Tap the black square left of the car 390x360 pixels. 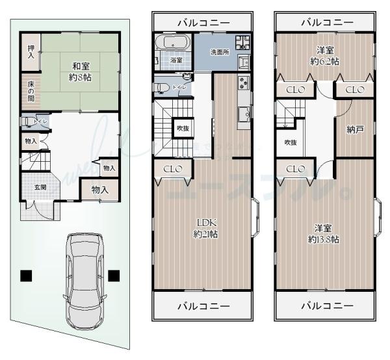(26, 275)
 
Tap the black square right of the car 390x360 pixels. (114, 275)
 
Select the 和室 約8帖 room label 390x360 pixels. (81, 70)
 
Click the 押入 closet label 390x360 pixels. (31, 52)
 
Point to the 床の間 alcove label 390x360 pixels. (31, 90)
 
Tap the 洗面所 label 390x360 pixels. (219, 51)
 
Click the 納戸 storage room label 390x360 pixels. (355, 129)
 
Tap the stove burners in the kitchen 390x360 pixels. (244, 83)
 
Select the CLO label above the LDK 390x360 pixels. (172, 169)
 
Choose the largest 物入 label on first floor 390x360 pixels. (99, 190)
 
